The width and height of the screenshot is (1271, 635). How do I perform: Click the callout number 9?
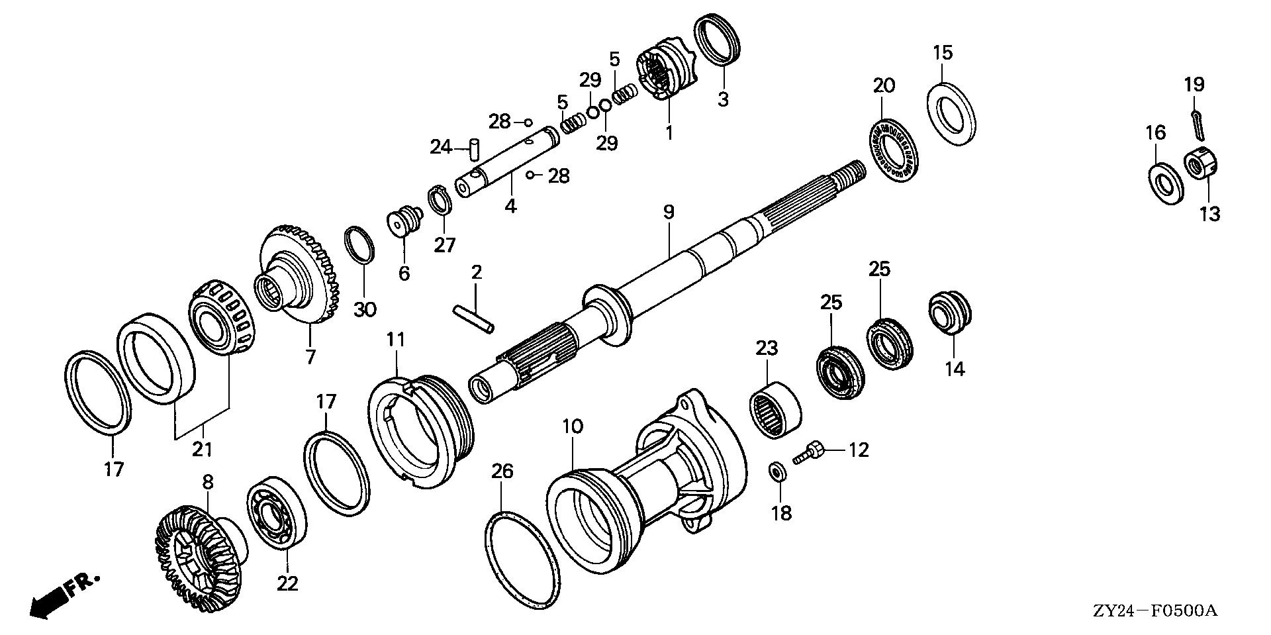669,212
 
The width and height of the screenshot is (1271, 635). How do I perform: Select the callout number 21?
202,448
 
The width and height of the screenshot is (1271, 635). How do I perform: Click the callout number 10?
573,426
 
